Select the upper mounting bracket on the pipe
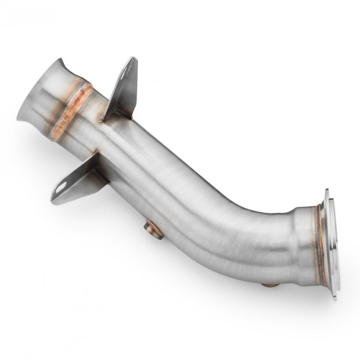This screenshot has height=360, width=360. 123,89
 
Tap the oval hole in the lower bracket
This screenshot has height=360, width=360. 60,187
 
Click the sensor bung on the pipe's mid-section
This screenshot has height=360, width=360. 153,230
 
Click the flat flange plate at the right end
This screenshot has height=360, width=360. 332,244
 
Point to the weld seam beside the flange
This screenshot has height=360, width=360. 319,244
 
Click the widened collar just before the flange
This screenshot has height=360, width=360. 302,244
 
